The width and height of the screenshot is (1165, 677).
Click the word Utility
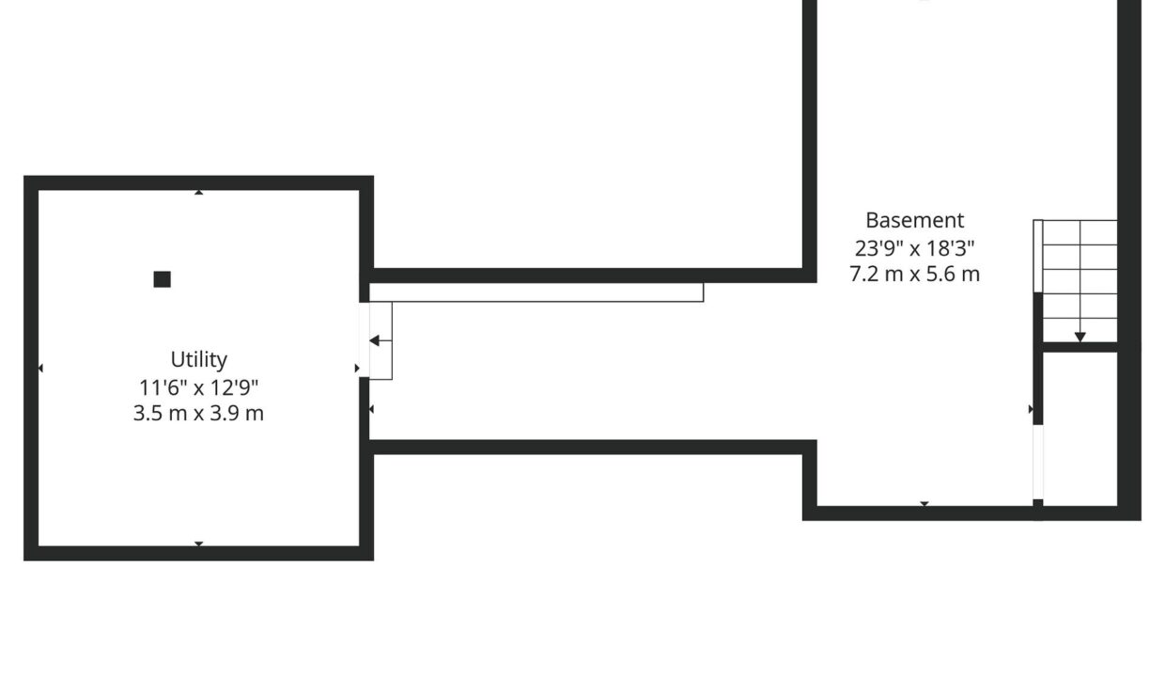198,360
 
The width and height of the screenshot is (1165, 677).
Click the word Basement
915,220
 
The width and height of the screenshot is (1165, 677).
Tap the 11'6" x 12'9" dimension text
198,387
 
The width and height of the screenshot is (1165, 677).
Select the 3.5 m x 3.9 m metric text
198,413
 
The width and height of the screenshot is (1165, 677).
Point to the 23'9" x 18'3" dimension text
915,248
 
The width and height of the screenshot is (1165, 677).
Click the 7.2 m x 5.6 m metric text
915,275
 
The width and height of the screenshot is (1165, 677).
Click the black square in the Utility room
163,279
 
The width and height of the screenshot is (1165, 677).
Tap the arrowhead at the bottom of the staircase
1080,338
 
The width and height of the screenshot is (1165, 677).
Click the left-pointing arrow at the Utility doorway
381,340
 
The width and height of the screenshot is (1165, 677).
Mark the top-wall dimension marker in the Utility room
198,193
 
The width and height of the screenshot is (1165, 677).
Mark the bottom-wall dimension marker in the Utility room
198,543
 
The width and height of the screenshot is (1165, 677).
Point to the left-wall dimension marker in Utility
40,369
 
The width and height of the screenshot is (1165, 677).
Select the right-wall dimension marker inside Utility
357,369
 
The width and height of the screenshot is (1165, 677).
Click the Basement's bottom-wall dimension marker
924,504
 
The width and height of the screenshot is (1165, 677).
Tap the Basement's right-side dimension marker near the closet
1031,410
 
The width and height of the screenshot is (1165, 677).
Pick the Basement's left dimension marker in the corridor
371,410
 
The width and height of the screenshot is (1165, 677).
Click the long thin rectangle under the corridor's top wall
536,292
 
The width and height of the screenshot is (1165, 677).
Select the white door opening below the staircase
1037,462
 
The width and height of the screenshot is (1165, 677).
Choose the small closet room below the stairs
1080,429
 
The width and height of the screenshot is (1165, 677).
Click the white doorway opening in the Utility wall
365,339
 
